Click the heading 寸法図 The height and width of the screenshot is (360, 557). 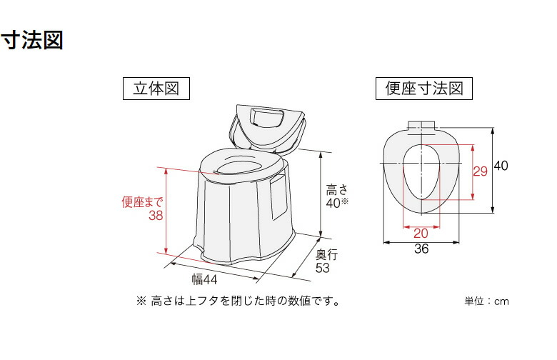(x=32, y=40)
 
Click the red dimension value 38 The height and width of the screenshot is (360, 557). (x=156, y=216)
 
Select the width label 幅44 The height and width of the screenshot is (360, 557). (x=204, y=279)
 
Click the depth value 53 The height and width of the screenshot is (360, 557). (x=323, y=268)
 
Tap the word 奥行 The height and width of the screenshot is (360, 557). (x=326, y=254)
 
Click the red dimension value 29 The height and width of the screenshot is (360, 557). (x=480, y=171)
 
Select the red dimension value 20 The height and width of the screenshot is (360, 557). (x=421, y=233)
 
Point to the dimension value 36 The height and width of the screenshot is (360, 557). (x=421, y=250)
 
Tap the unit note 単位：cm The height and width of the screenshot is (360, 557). (x=487, y=301)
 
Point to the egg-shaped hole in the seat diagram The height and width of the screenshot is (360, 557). (x=420, y=171)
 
